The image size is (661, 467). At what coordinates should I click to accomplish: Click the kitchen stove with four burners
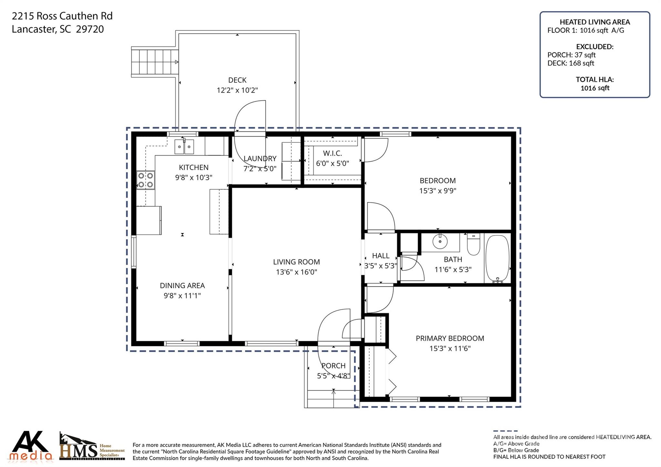click(x=146, y=180)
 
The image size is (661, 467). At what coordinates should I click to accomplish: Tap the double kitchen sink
click(x=184, y=147)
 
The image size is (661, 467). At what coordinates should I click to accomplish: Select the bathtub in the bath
click(x=497, y=258)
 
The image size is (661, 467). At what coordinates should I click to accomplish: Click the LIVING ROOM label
click(x=296, y=262)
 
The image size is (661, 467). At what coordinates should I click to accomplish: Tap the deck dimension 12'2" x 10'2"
click(x=237, y=90)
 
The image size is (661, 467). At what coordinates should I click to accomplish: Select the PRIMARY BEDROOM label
click(x=450, y=339)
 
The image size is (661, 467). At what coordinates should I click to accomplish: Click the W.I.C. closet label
click(x=332, y=153)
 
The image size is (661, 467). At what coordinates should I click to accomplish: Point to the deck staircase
click(x=155, y=62)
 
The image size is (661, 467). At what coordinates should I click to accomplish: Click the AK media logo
click(x=31, y=446)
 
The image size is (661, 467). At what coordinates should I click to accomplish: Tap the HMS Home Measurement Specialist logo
click(x=92, y=447)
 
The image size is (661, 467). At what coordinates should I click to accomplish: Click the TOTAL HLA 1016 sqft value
click(x=595, y=88)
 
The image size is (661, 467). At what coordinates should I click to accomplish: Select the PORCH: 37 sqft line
click(x=571, y=55)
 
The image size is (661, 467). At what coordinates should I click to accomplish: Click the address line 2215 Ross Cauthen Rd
click(x=62, y=16)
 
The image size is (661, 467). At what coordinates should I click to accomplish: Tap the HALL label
click(x=381, y=256)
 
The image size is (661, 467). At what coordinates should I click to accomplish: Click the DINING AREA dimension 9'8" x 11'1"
click(x=182, y=296)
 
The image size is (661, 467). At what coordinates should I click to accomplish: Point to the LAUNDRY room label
click(x=260, y=159)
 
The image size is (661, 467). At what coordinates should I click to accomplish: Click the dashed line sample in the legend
click(x=505, y=431)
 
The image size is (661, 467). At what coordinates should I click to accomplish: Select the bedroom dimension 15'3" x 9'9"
click(x=437, y=191)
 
